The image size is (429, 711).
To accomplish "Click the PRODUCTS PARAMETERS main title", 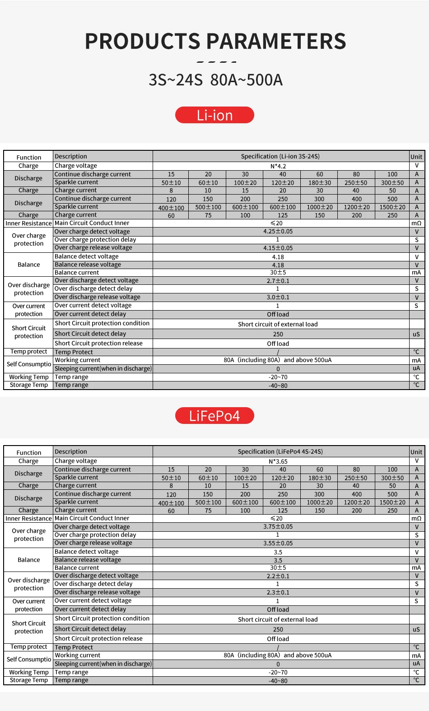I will pyautogui.click(x=215, y=41).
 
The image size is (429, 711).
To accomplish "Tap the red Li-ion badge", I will pyautogui.click(x=214, y=115).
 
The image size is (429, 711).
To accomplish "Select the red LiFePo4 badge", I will pyautogui.click(x=214, y=416).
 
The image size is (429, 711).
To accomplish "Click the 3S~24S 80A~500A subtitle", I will pyautogui.click(x=215, y=80).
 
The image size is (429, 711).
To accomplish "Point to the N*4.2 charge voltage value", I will pyautogui.click(x=278, y=166).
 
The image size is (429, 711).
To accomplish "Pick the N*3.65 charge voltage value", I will pyautogui.click(x=278, y=461).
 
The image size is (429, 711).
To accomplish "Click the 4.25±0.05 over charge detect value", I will pyautogui.click(x=278, y=232).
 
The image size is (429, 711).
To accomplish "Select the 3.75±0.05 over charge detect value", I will pyautogui.click(x=278, y=527).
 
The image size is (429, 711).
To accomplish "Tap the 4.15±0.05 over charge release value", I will pyautogui.click(x=278, y=248).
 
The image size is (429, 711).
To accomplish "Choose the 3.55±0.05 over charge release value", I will pyautogui.click(x=278, y=543).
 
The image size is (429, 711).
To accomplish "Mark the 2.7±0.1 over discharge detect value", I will pyautogui.click(x=278, y=281).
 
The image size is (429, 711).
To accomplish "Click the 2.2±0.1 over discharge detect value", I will pyautogui.click(x=278, y=576).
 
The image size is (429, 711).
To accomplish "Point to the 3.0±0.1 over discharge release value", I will pyautogui.click(x=278, y=297).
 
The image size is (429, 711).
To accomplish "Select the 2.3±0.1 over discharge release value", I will pyautogui.click(x=278, y=592).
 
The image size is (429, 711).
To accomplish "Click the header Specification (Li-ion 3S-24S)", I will pyautogui.click(x=280, y=157).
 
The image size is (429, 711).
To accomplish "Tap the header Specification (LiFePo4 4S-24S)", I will pyautogui.click(x=280, y=452).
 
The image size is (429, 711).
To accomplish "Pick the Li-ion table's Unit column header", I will pyautogui.click(x=416, y=157).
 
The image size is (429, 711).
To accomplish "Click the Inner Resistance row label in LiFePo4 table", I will pyautogui.click(x=28, y=519).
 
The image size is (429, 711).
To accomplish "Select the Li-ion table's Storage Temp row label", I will pyautogui.click(x=28, y=385).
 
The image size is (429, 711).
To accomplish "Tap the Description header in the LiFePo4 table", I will pyautogui.click(x=71, y=452).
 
